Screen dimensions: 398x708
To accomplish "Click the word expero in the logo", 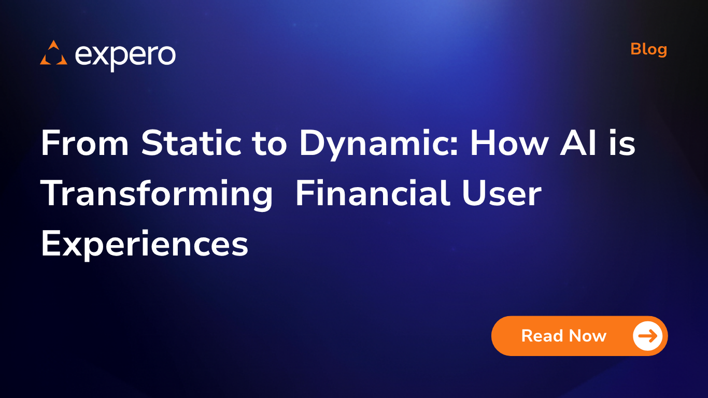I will (125, 55).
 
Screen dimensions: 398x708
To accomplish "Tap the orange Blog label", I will (648, 49).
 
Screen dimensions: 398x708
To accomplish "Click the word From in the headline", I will (84, 143).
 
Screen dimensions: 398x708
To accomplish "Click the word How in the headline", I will (508, 143).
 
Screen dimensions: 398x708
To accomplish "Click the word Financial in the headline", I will (372, 194).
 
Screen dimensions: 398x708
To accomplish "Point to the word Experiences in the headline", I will (145, 245).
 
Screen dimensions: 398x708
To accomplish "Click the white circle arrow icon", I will (648, 336).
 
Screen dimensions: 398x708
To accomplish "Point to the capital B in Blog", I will (636, 49).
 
